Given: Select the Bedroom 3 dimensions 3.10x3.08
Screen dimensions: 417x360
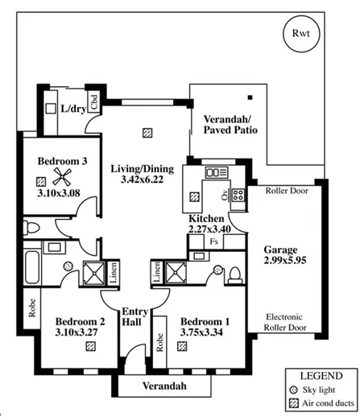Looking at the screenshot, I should point(62,194).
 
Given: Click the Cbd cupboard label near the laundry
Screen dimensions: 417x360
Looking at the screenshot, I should point(94,102).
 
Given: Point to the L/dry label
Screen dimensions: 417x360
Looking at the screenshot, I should point(72,107).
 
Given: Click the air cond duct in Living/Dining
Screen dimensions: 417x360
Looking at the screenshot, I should point(146,131).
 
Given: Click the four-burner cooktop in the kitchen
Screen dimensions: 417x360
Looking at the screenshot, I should point(239,194).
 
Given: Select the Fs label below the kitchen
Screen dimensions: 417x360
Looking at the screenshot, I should point(213,241).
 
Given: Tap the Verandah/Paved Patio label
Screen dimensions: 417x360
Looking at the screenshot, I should point(230,123).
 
